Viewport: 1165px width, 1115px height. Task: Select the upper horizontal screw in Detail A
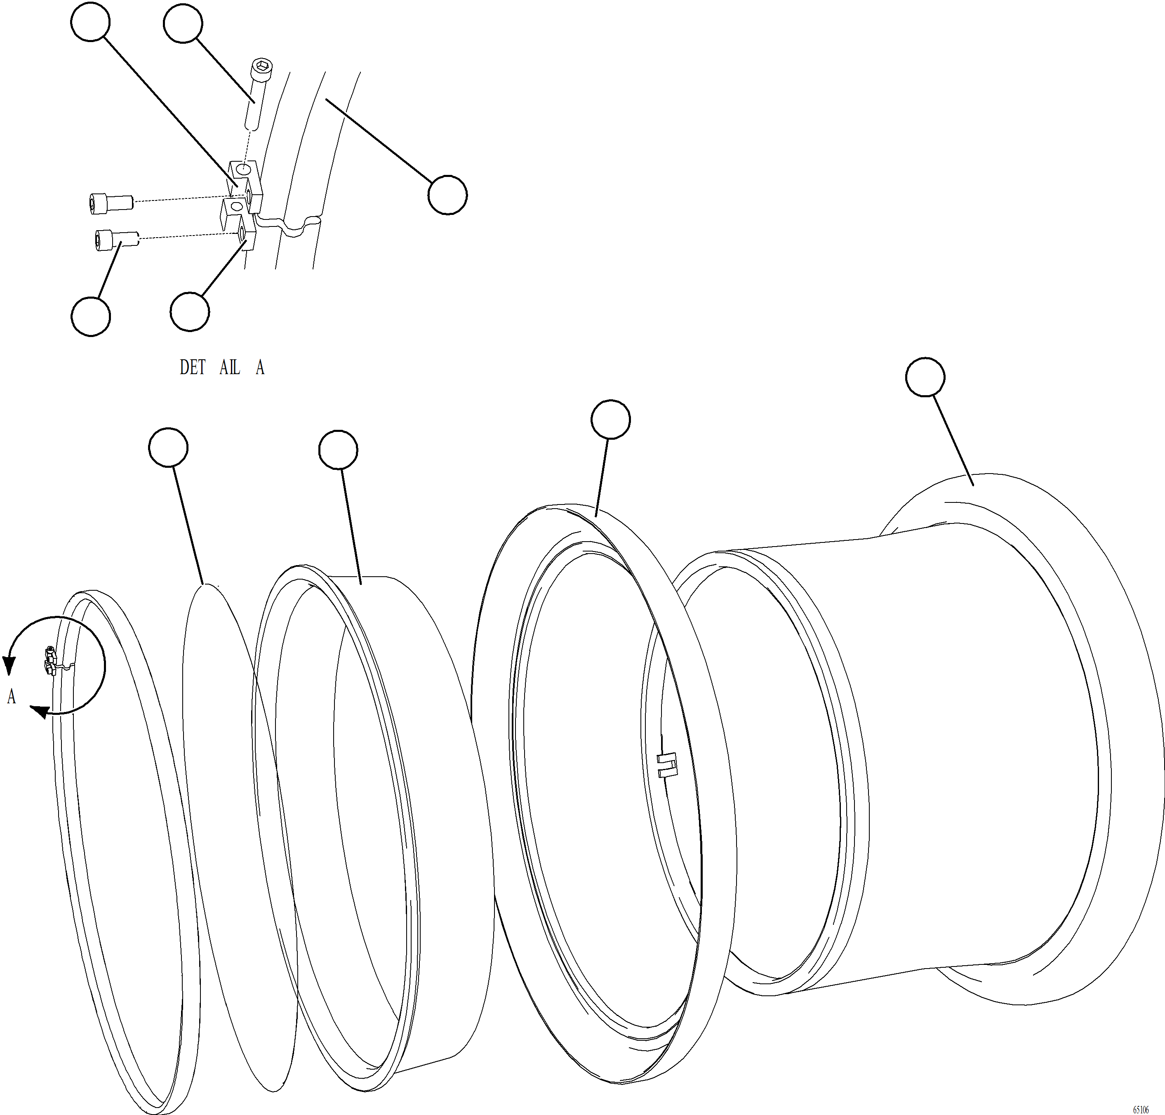pos(109,202)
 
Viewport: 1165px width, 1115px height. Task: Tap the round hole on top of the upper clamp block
pos(242,171)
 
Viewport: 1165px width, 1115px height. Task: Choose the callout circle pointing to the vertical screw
pos(182,23)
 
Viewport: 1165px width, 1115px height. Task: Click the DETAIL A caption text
pos(221,368)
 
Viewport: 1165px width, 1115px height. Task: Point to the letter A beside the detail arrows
pos(11,697)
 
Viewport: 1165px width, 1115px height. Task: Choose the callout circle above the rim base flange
pos(925,377)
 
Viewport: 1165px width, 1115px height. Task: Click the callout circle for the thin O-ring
pos(168,447)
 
